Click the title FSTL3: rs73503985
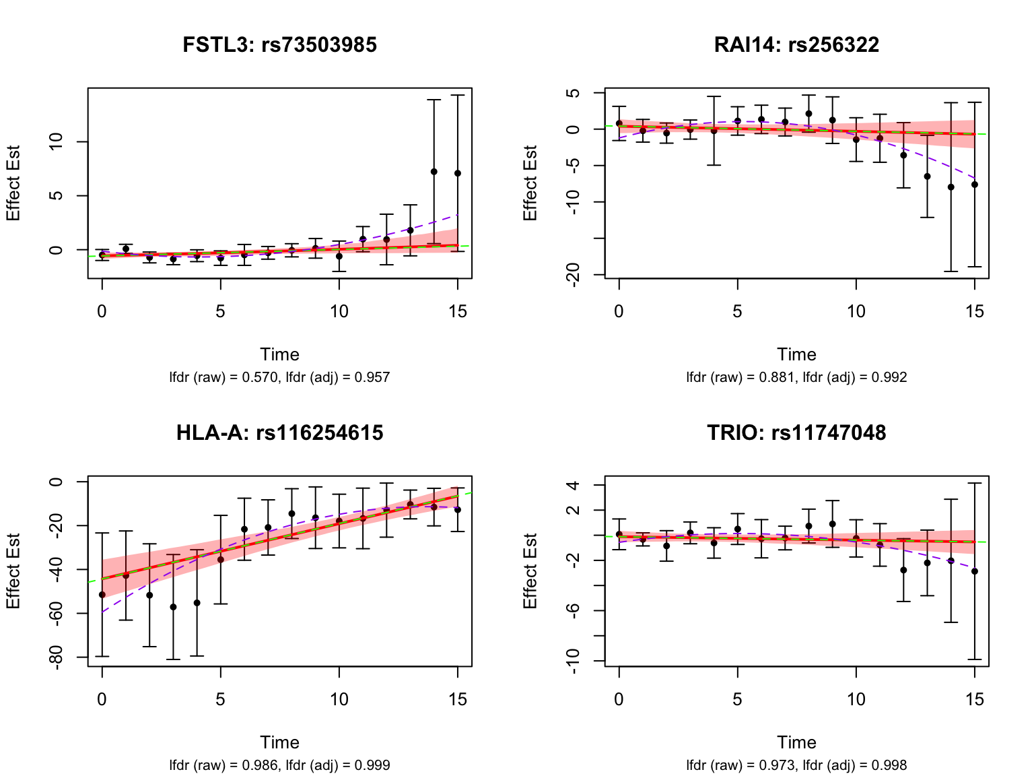pyautogui.click(x=279, y=45)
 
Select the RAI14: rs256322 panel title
pyautogui.click(x=796, y=45)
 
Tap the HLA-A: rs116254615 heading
pyautogui.click(x=279, y=432)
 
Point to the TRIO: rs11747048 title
pyautogui.click(x=796, y=432)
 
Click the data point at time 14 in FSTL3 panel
pyautogui.click(x=434, y=172)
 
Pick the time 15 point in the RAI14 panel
pyautogui.click(x=974, y=185)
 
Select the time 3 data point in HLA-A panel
pyautogui.click(x=173, y=607)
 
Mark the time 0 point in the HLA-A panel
pyautogui.click(x=102, y=595)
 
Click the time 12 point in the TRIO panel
pyautogui.click(x=903, y=570)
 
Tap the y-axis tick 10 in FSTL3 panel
pyautogui.click(x=57, y=141)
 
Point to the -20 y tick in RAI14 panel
pyautogui.click(x=574, y=275)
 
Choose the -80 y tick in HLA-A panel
pyautogui.click(x=57, y=657)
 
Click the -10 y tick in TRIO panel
pyautogui.click(x=574, y=661)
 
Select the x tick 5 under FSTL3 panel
pyautogui.click(x=220, y=311)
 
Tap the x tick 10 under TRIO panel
pyautogui.click(x=856, y=699)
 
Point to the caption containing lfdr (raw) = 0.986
pyautogui.click(x=279, y=765)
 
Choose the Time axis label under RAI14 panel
pyautogui.click(x=796, y=354)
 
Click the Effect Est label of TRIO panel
pyautogui.click(x=530, y=571)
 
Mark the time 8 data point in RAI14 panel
pyautogui.click(x=808, y=114)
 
